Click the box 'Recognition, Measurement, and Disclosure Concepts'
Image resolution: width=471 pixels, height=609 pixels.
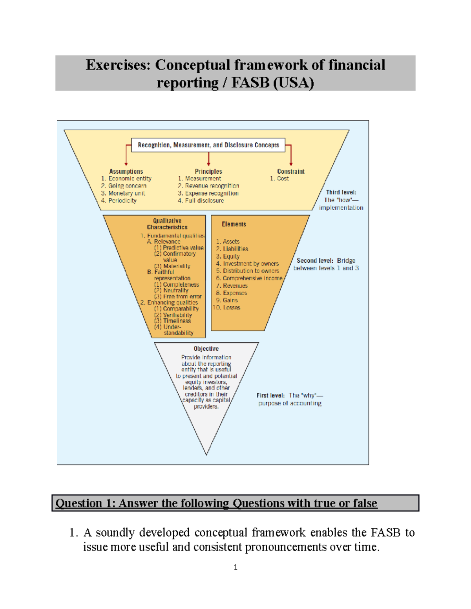(208, 145)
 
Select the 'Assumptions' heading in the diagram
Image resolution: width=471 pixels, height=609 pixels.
(126, 171)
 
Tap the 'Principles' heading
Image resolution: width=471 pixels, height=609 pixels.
(208, 171)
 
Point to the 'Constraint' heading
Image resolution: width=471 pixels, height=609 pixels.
(290, 171)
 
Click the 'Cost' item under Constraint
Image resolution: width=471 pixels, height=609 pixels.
(283, 178)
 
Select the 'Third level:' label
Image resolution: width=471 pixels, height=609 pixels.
(341, 192)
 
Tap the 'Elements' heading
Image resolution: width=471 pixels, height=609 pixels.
(234, 224)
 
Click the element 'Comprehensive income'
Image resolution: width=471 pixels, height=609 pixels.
(252, 278)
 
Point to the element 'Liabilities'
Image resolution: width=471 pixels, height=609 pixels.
(235, 249)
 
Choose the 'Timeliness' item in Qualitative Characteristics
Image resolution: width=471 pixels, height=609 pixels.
(177, 321)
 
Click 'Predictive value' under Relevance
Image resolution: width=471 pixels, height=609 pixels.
(183, 248)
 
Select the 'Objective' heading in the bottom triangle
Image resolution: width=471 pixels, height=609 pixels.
(206, 349)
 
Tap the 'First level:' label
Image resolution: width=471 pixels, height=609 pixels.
(270, 395)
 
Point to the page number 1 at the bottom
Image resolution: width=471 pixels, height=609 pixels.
(235, 567)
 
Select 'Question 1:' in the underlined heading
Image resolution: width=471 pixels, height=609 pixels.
(85, 503)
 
